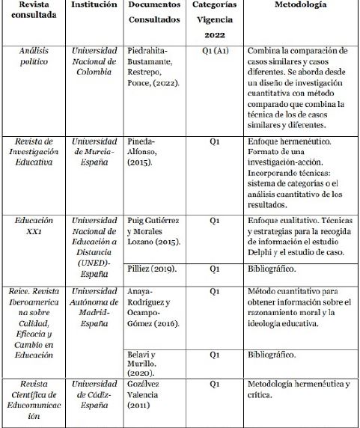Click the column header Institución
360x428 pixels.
point(94,6)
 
